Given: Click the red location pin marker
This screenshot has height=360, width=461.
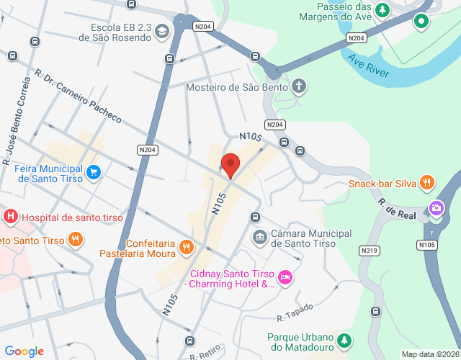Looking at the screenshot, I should (230, 165).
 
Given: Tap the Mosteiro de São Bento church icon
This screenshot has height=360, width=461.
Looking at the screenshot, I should (299, 87).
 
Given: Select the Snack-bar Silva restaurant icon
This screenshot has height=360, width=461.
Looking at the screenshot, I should (428, 183).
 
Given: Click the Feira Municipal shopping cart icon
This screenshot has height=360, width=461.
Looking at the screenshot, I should (94, 172).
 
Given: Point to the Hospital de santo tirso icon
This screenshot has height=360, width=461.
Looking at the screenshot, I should (11, 216).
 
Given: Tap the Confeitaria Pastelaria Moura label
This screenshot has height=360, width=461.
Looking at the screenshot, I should (151, 249).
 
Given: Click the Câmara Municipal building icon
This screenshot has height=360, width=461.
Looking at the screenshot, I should (259, 238).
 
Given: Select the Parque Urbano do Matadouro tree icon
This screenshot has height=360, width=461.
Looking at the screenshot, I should (346, 338).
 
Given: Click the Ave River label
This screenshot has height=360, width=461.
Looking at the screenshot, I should (368, 66).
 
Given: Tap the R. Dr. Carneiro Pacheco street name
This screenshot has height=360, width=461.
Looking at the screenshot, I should (78, 98).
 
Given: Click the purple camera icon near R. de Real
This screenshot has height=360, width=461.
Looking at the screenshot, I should (436, 209).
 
